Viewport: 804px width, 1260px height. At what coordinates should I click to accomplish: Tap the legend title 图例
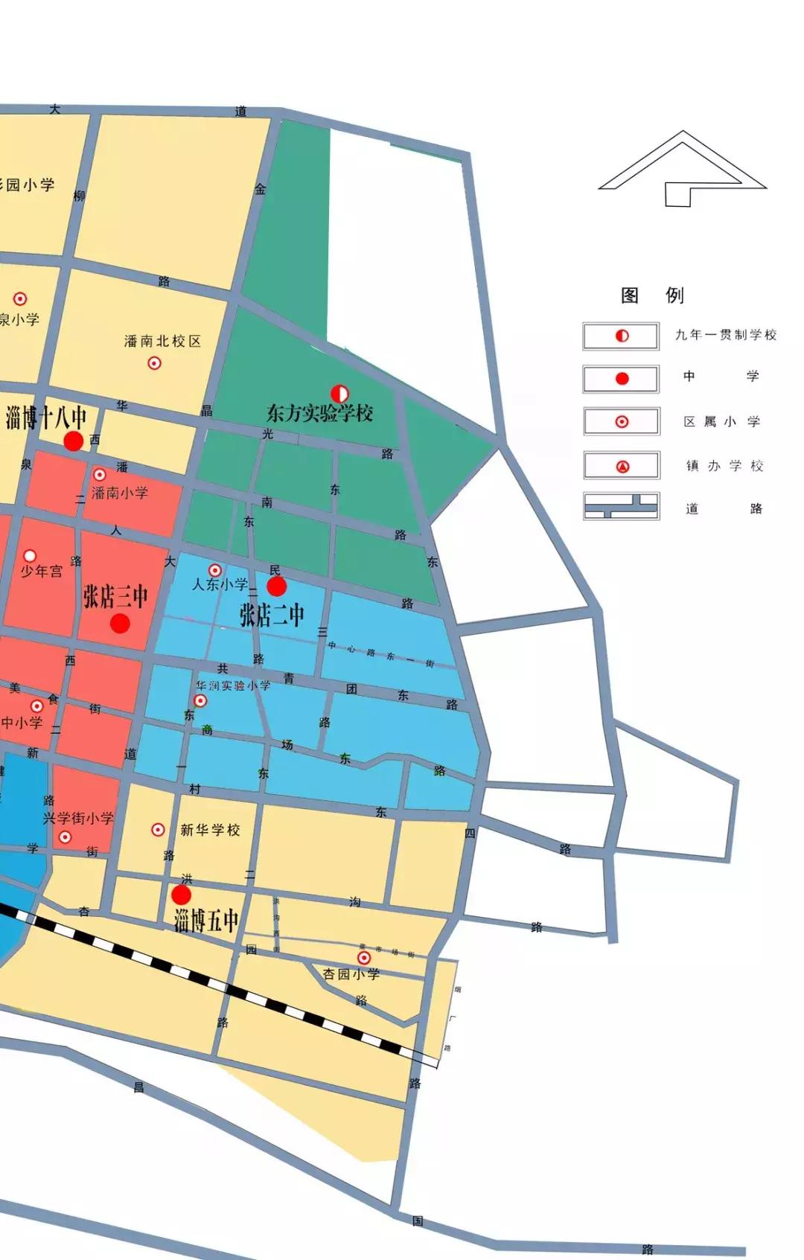(x=652, y=295)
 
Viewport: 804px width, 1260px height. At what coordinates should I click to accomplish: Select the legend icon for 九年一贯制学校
(x=622, y=336)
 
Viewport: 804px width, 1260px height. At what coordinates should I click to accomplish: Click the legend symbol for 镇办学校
(x=622, y=467)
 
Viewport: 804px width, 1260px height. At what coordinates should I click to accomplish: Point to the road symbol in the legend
(x=622, y=508)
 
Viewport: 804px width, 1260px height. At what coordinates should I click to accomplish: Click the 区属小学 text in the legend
(x=721, y=422)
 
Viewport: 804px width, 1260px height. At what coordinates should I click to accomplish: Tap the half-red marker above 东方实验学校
(x=339, y=392)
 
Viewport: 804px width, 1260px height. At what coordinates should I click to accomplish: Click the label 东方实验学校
(x=319, y=413)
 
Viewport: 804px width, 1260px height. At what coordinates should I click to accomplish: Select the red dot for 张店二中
(x=277, y=587)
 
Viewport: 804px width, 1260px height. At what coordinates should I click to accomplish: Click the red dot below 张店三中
(x=120, y=623)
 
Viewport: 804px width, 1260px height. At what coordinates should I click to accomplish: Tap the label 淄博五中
(x=206, y=921)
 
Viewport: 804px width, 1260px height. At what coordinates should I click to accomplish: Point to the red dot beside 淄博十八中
(x=73, y=441)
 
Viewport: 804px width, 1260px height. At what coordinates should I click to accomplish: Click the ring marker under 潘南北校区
(x=154, y=363)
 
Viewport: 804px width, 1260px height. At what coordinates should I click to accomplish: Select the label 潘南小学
(x=120, y=493)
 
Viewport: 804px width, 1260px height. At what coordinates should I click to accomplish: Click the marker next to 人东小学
(x=214, y=571)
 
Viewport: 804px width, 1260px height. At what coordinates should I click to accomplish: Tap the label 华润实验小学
(x=233, y=685)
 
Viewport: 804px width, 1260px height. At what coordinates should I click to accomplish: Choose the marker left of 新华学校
(x=158, y=829)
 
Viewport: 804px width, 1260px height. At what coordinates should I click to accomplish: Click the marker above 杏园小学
(x=364, y=958)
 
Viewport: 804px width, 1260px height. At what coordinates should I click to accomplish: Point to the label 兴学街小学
(x=78, y=819)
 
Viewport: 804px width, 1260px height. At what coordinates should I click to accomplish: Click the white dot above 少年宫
(x=30, y=556)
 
